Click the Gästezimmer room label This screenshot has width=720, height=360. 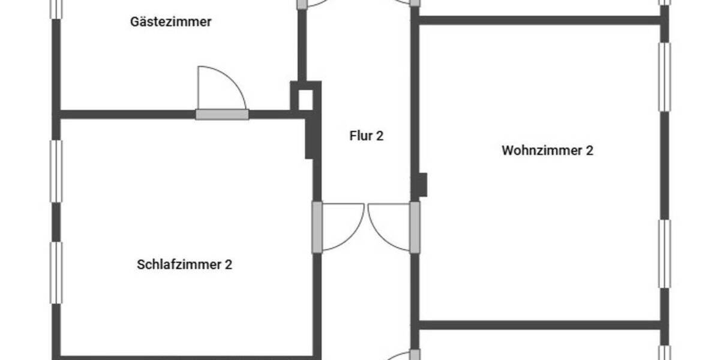click(x=170, y=22)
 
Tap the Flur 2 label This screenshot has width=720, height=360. click(x=366, y=136)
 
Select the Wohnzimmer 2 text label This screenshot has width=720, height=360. click(x=547, y=150)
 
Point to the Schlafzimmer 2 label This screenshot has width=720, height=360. click(x=184, y=265)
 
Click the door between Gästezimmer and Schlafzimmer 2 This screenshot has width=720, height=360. click(x=222, y=114)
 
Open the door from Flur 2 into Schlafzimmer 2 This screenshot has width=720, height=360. click(x=317, y=227)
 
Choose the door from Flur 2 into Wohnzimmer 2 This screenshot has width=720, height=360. click(x=415, y=227)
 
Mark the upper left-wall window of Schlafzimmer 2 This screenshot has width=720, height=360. click(x=56, y=171)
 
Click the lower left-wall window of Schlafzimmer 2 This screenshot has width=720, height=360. click(x=56, y=272)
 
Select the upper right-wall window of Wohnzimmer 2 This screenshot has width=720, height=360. click(x=664, y=77)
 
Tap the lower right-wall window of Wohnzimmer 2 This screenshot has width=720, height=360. click(x=664, y=254)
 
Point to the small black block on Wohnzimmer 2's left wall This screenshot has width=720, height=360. click(x=422, y=185)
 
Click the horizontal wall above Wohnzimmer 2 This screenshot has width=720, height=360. click(x=540, y=20)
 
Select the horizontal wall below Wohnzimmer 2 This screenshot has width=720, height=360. click(x=540, y=325)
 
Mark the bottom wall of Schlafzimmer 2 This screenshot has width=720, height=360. click(x=186, y=357)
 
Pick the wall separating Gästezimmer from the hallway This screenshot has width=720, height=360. click(x=302, y=45)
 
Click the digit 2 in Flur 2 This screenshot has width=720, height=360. click(x=380, y=136)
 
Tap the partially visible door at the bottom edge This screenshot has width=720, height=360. click(x=399, y=356)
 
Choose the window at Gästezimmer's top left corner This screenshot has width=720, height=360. click(x=56, y=8)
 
